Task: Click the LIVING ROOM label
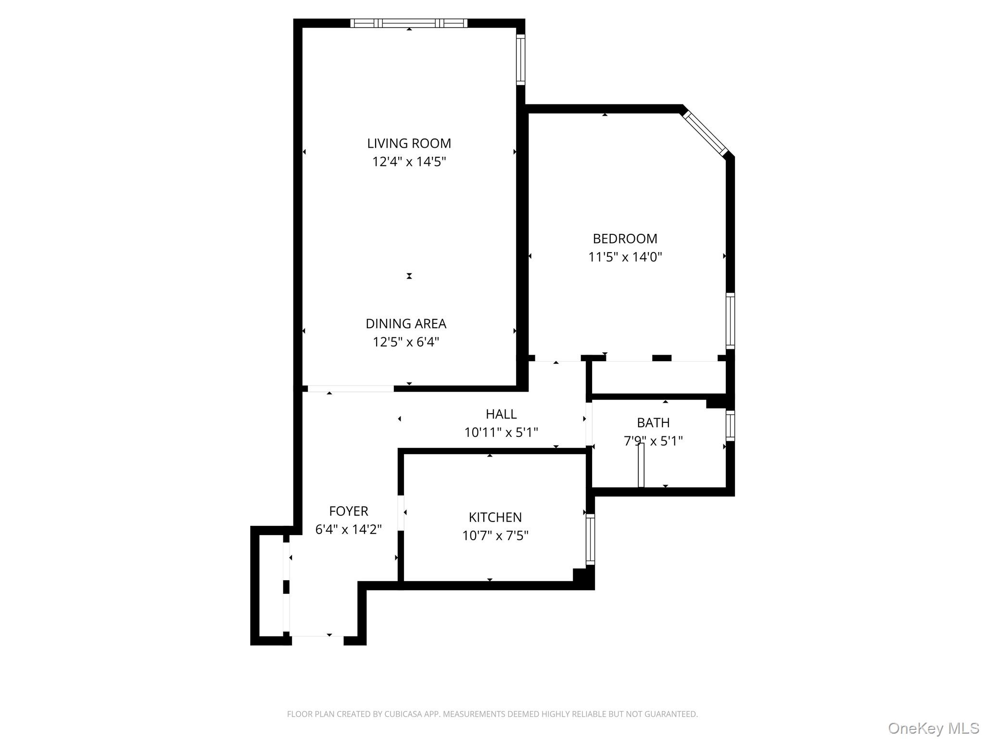pos(409,143)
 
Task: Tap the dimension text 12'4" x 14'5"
pos(409,162)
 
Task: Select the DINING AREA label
pos(406,324)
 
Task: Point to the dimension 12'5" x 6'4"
pos(406,342)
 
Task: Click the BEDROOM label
pos(625,239)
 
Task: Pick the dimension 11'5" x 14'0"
pos(625,257)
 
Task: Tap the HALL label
pos(501,414)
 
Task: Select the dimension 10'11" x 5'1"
pos(501,433)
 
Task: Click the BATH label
pos(653,423)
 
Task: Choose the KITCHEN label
pos(495,517)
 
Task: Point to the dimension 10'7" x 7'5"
pos(495,535)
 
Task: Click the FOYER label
pos(348,511)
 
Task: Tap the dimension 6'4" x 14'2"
pos(348,529)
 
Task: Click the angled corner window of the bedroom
pos(706,134)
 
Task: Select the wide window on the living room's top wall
pos(409,23)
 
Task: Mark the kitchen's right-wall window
pos(590,539)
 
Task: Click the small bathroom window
pos(730,425)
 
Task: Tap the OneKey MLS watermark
pos(933,728)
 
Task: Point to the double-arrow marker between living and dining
pos(409,276)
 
